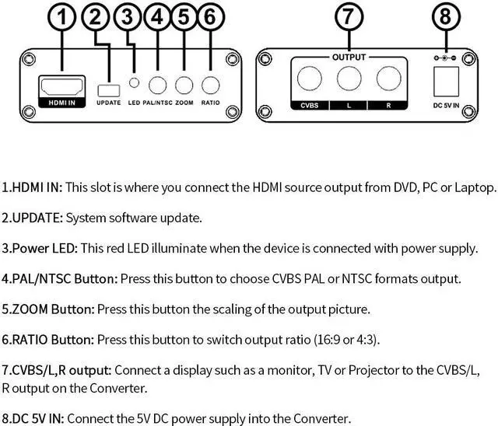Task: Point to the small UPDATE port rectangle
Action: (109, 90)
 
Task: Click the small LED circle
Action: (135, 83)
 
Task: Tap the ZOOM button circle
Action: (184, 84)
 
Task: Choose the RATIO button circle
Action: (210, 84)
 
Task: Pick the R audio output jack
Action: (387, 79)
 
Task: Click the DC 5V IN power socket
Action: (445, 79)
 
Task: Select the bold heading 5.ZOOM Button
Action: (48, 309)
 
